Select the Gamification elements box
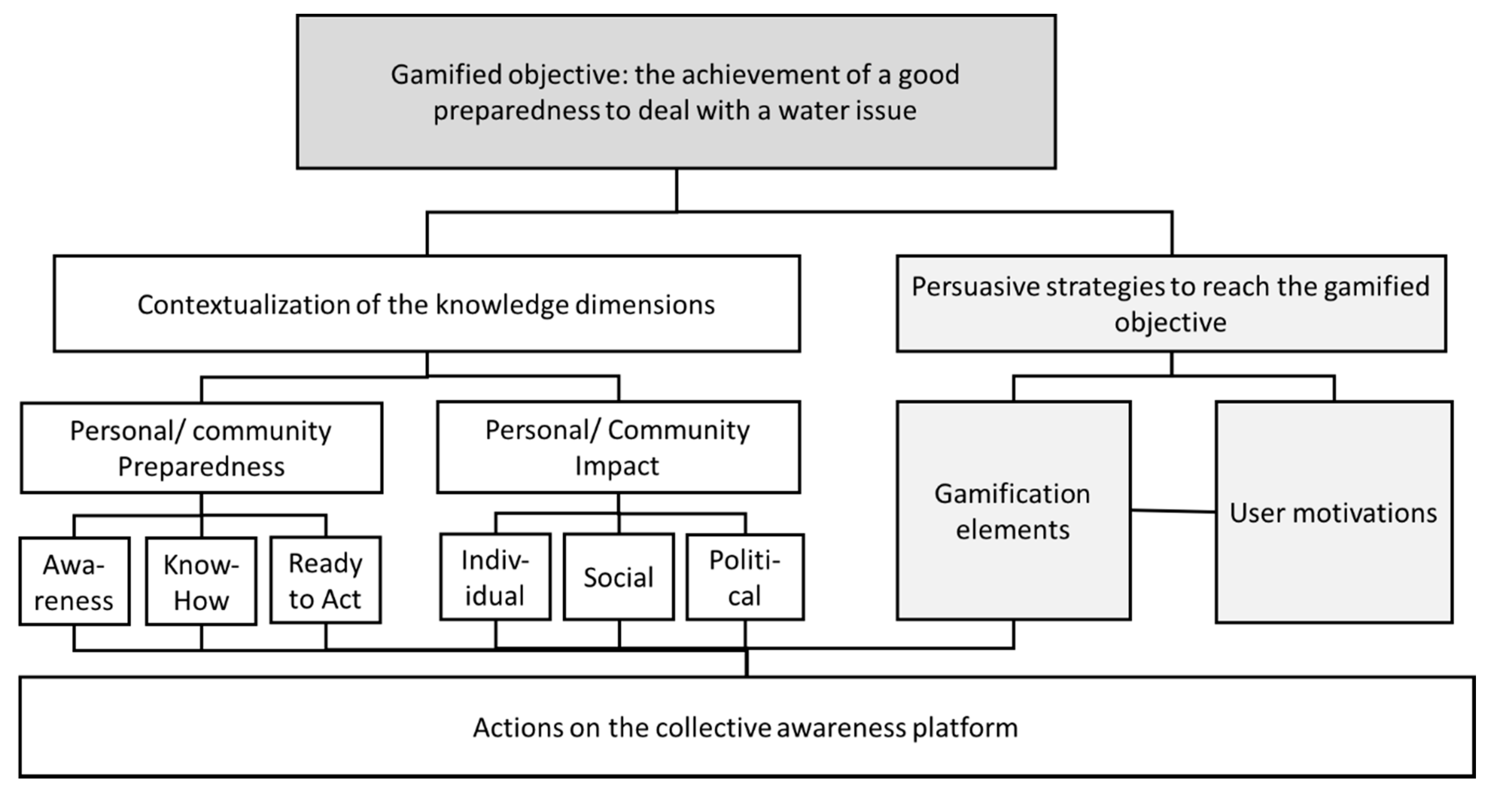coord(1013,512)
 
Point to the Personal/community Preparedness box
coord(201,448)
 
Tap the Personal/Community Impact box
coord(618,448)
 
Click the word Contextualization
coord(242,305)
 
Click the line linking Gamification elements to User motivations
coord(1173,511)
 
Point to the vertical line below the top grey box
coord(676,190)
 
